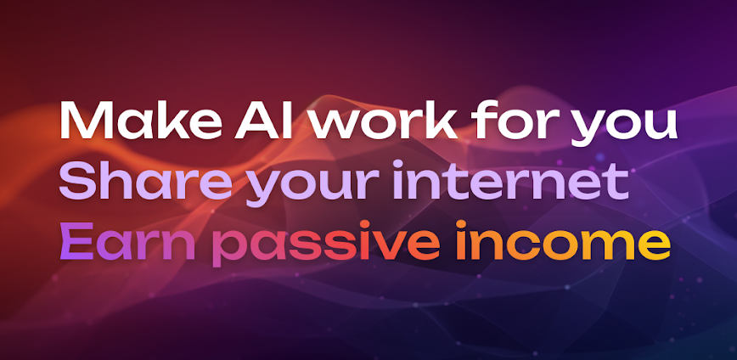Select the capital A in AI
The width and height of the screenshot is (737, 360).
[237, 121]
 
